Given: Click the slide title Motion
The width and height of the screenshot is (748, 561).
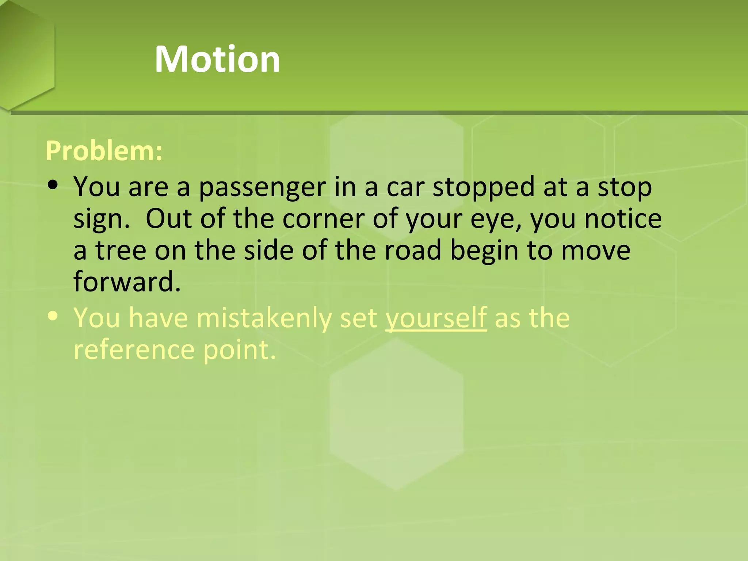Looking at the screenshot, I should (x=217, y=60).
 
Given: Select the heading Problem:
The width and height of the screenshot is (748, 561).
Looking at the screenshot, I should (x=104, y=151).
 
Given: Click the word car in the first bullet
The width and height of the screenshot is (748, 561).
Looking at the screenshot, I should (x=405, y=187).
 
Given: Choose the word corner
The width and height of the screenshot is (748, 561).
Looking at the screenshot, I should (x=323, y=219).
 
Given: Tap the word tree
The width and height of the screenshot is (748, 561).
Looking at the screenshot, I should (x=121, y=251).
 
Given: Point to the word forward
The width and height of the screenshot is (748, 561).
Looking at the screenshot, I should (x=127, y=282).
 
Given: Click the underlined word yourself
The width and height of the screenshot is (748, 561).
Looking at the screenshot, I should (x=436, y=318).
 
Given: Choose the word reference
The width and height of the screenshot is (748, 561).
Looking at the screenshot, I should (x=134, y=350).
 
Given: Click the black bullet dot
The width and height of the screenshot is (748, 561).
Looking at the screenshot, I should (x=53, y=185).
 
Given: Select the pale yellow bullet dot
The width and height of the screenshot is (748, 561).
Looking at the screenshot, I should (x=53, y=316).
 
